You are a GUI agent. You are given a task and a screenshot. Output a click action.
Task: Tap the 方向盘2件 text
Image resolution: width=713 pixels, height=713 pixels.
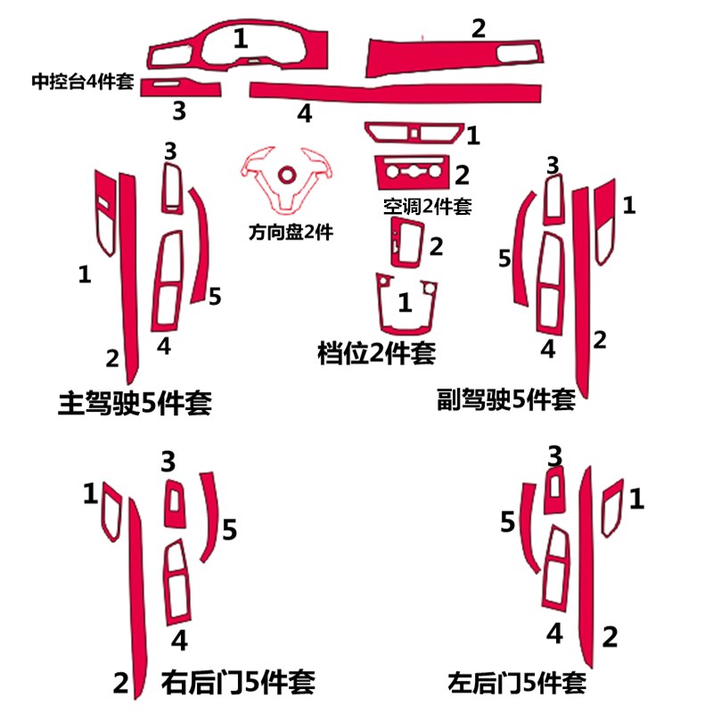pos(291,233)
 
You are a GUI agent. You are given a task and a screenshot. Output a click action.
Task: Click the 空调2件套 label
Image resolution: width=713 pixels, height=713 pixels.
pos(427,207)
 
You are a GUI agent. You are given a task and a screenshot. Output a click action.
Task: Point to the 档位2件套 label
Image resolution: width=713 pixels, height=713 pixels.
pos(376,353)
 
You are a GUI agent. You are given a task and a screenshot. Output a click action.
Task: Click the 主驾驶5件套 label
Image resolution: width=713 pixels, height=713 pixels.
pos(135,402)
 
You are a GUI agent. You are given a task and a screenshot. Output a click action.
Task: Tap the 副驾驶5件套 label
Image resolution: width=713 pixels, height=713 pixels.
pos(506,397)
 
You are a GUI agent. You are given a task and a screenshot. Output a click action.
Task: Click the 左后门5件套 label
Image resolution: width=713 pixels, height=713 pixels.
pos(518,684)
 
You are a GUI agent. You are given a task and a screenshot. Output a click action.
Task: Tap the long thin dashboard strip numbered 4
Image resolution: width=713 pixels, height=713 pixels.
pos(392,91)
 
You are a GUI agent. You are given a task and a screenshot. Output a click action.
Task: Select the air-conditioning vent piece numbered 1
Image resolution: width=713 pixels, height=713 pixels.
pos(415,135)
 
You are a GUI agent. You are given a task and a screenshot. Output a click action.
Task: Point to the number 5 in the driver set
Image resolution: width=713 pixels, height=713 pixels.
pos(215,296)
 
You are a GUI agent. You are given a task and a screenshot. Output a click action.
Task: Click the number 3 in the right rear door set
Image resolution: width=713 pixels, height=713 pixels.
pos(169,461)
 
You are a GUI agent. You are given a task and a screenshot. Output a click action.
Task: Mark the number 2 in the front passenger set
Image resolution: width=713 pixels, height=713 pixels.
pos(600,340)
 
